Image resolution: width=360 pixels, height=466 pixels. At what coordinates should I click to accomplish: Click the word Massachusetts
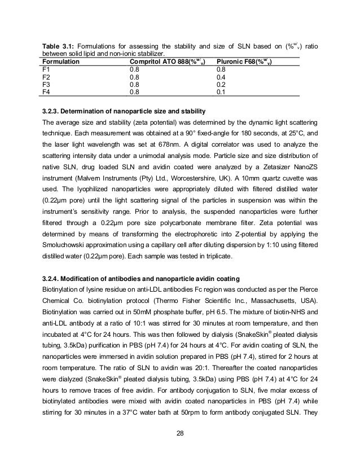coord(270,298)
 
